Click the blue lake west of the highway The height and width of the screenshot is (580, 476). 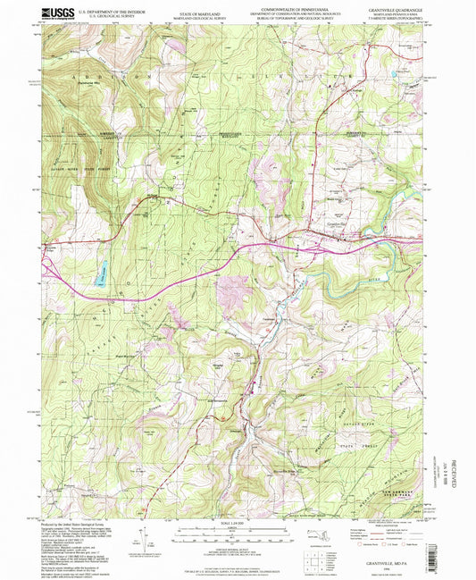[101, 266]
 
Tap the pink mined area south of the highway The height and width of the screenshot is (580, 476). [235, 290]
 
